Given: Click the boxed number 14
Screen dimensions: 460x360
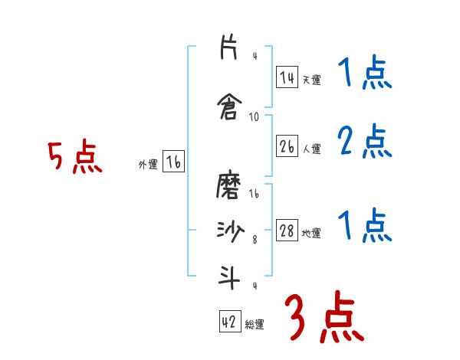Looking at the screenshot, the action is coord(287,77).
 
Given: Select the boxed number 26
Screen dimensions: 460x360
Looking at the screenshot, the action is coord(287,147).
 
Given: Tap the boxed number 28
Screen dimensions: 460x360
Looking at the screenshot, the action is coord(287,231).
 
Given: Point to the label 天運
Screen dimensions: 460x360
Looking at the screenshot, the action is coord(311,80).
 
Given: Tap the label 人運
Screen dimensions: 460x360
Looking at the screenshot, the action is coord(311,149).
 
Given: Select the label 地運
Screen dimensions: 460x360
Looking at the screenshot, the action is coord(311,234).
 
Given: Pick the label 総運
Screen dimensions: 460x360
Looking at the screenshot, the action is coord(255,325).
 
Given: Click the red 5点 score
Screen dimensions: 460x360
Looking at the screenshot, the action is coord(74,158).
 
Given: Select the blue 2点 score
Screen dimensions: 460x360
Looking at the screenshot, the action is coord(364,142).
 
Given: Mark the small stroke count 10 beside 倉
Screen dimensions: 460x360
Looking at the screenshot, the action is coord(255,117).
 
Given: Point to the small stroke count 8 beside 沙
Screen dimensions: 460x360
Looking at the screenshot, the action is coord(255,241).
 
